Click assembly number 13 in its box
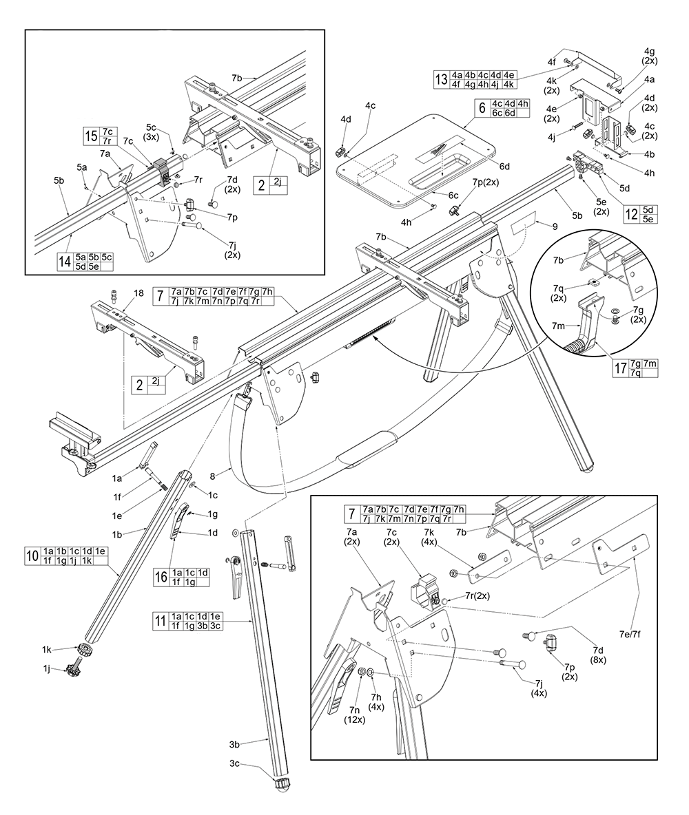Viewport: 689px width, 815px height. click(x=441, y=79)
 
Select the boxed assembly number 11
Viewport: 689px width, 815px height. click(x=160, y=622)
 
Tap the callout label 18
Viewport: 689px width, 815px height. click(x=138, y=293)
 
